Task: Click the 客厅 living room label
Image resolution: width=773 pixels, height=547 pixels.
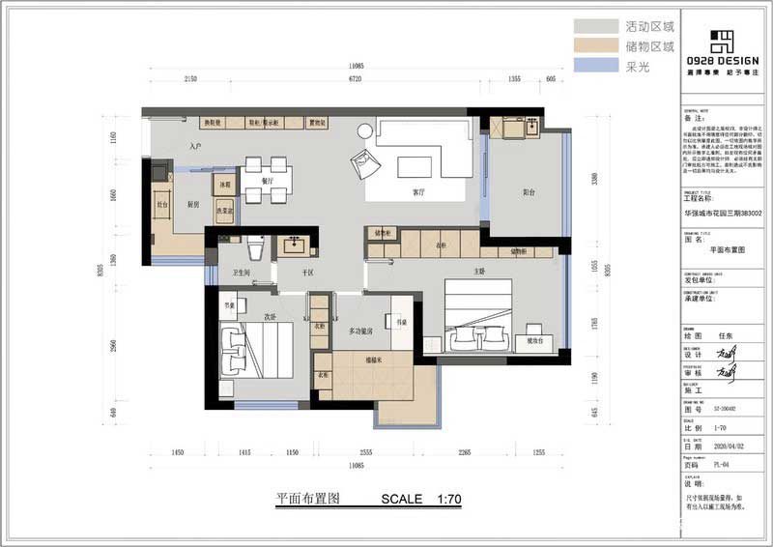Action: tap(418, 192)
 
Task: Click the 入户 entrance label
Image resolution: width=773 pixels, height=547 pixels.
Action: tap(196, 146)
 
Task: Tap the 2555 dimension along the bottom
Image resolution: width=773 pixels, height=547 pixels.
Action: tap(366, 452)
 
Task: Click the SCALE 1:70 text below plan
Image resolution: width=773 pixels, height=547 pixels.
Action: tap(422, 500)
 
